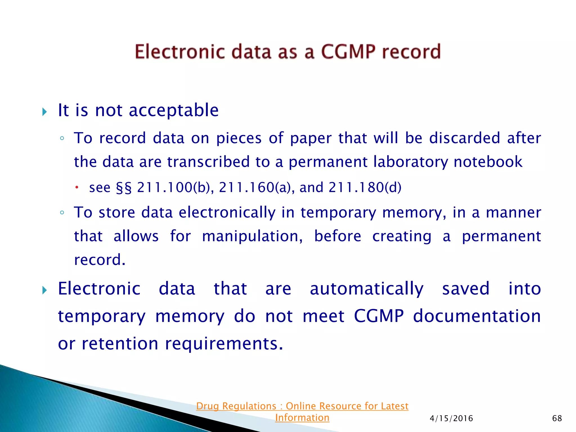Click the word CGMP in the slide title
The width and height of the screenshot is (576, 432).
[348, 52]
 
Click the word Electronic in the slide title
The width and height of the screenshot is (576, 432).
[180, 52]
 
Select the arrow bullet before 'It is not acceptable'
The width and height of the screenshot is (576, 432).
[44, 112]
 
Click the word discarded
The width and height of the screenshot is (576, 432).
[465, 138]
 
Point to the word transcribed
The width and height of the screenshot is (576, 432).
[208, 162]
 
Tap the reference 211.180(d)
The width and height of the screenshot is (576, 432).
[365, 188]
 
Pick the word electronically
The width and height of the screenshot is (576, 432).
[227, 212]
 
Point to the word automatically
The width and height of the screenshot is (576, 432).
[366, 289]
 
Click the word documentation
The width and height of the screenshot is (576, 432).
[477, 316]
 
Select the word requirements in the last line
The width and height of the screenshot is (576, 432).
[224, 344]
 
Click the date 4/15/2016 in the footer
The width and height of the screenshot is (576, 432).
[451, 418]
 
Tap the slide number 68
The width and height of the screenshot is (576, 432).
[557, 418]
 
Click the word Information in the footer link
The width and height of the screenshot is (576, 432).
[302, 418]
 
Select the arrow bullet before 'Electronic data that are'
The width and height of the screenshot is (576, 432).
[44, 290]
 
